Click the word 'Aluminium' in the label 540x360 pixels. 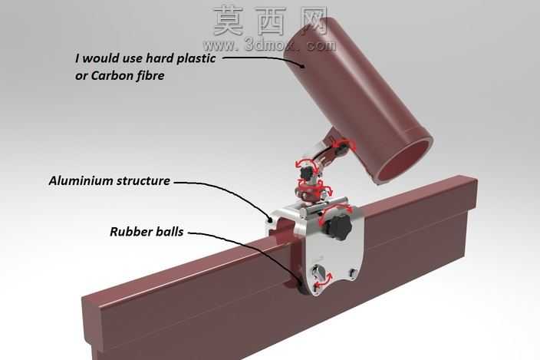[81, 181]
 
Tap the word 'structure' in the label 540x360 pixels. [143, 181]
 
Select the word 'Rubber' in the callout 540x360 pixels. [131, 232]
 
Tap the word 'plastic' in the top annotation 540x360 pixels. [196, 58]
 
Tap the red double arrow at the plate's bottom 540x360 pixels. [324, 279]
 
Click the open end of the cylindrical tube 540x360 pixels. [404, 159]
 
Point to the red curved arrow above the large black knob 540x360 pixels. [336, 210]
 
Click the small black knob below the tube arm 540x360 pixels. [306, 171]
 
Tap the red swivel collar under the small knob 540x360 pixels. [309, 190]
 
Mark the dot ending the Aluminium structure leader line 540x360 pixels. [270, 219]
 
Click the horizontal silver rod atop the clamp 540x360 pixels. [324, 207]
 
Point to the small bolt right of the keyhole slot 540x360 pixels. [351, 272]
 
